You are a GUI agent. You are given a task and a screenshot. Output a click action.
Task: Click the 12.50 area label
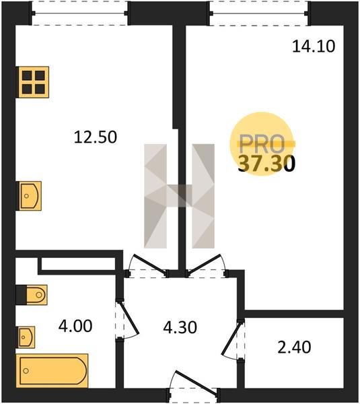point(96,137)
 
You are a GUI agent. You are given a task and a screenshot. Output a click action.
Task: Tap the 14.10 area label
point(314,46)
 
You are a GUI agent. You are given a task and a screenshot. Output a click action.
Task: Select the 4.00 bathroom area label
point(75,326)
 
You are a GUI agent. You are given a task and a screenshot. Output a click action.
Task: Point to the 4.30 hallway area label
point(180,327)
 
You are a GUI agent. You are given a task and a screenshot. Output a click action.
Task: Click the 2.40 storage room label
point(294,347)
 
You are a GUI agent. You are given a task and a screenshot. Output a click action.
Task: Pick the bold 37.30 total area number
point(266,164)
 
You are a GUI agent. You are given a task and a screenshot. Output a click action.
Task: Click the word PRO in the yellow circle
point(262,144)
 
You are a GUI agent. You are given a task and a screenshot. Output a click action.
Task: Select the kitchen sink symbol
point(28,196)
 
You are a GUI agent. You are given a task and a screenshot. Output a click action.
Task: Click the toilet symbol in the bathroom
point(32,295)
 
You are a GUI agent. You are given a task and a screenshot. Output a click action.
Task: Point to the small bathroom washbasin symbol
point(26,337)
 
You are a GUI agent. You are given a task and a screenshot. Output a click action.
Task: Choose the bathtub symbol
point(52,371)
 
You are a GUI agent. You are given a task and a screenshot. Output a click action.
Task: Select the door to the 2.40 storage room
point(231,339)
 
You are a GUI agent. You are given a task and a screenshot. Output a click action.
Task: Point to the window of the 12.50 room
point(79,13)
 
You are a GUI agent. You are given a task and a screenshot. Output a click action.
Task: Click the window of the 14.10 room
point(258,13)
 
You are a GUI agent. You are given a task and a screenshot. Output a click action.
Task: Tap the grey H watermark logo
point(179,196)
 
